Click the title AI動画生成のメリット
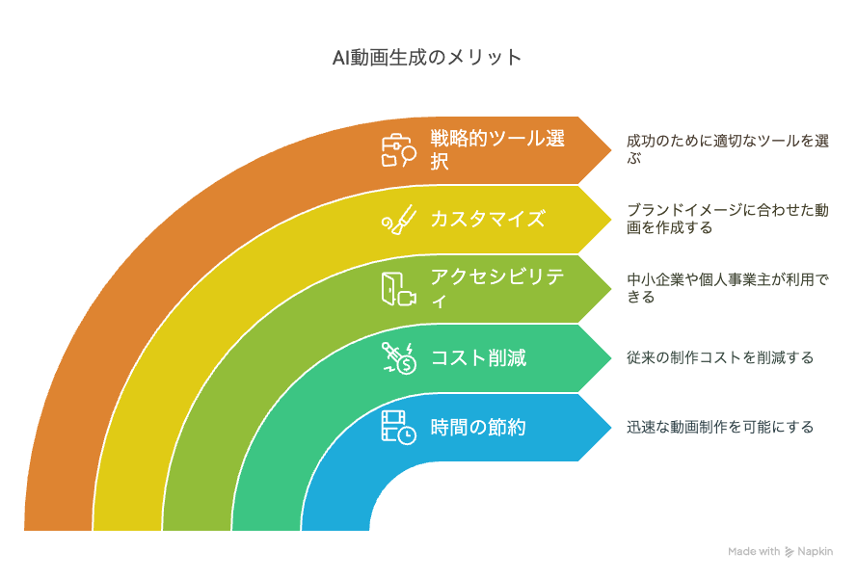pyautogui.click(x=426, y=58)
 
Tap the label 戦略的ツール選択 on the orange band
pyautogui.click(x=496, y=149)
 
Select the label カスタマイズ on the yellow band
pyautogui.click(x=488, y=219)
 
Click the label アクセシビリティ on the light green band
pyautogui.click(x=496, y=288)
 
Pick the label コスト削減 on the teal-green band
pyautogui.click(x=478, y=357)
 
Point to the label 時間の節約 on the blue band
pyautogui.click(x=478, y=427)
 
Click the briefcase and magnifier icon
pyautogui.click(x=398, y=150)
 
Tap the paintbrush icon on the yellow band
pyautogui.click(x=398, y=220)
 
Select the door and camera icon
pyautogui.click(x=398, y=289)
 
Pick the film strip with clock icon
pyautogui.click(x=398, y=428)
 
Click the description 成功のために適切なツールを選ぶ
pyautogui.click(x=728, y=149)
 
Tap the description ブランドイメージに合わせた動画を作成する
pyautogui.click(x=728, y=219)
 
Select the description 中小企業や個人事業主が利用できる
pyautogui.click(x=728, y=288)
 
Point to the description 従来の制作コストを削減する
pyautogui.click(x=720, y=357)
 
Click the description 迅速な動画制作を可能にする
pyautogui.click(x=720, y=427)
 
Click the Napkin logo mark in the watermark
pyautogui.click(x=790, y=552)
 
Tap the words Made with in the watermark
pyautogui.click(x=754, y=551)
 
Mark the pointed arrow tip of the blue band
pyautogui.click(x=611, y=427)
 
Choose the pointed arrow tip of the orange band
pyautogui.click(x=611, y=149)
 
